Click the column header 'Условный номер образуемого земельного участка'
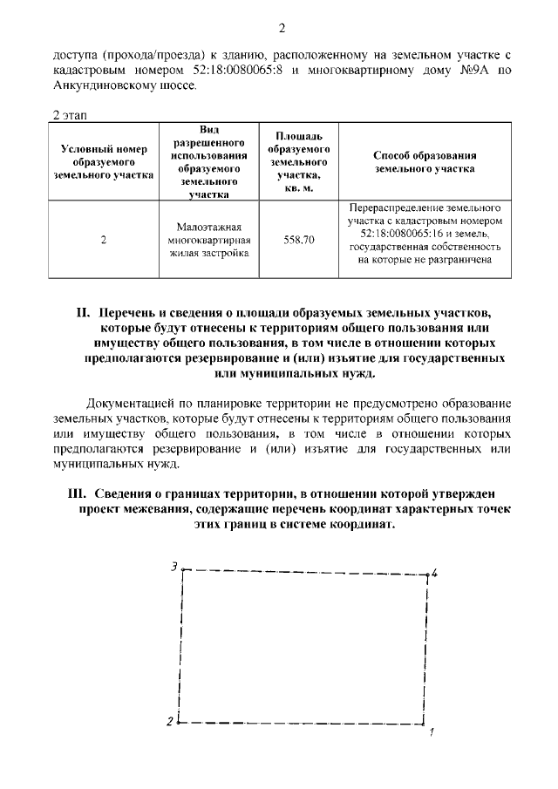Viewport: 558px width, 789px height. point(103,162)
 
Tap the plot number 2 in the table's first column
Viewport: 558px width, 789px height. point(104,240)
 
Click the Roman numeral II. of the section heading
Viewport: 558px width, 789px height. point(84,311)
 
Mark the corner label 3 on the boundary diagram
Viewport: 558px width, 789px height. point(174,566)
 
